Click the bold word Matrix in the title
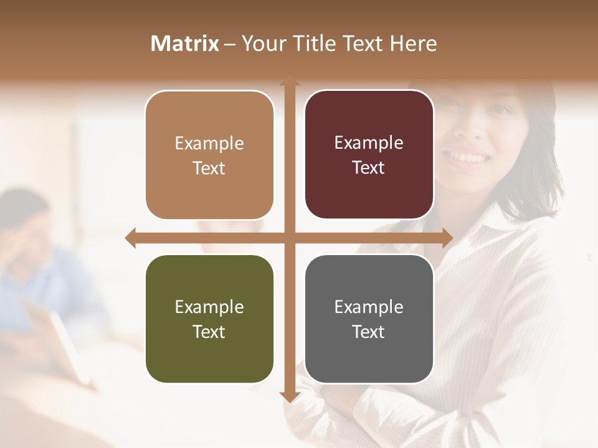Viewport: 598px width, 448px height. click(x=185, y=44)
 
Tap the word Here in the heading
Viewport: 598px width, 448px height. click(x=413, y=44)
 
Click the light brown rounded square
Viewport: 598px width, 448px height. click(x=209, y=193)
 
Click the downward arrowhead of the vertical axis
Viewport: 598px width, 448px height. click(x=289, y=396)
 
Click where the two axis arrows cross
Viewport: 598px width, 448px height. click(x=289, y=238)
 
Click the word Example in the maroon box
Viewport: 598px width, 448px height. click(x=369, y=143)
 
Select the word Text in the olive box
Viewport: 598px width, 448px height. click(x=209, y=332)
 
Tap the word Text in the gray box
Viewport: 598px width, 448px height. click(x=368, y=332)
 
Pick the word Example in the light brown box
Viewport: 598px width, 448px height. click(x=209, y=144)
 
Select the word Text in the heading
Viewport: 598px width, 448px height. click(x=360, y=44)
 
